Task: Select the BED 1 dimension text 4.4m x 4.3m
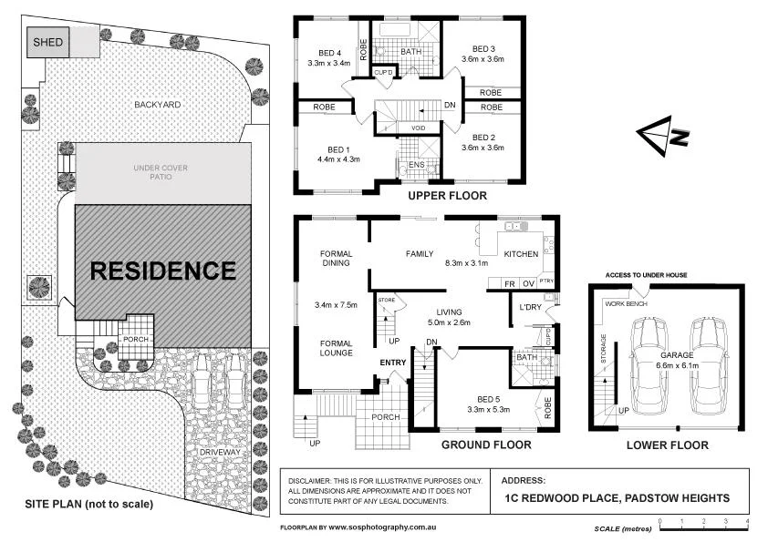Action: (x=337, y=159)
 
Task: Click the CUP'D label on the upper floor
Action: (x=384, y=72)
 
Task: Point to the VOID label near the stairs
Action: (x=419, y=128)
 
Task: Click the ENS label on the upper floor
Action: (x=416, y=164)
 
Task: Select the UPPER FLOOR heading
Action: (x=447, y=196)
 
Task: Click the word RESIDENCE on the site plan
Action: (x=162, y=271)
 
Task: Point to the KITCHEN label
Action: (x=522, y=254)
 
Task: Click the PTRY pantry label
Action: (x=546, y=282)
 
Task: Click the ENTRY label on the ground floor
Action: (x=393, y=363)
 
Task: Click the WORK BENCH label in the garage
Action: (x=626, y=303)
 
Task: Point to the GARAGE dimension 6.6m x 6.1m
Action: (x=676, y=365)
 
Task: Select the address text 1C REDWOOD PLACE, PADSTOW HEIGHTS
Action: (x=617, y=497)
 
